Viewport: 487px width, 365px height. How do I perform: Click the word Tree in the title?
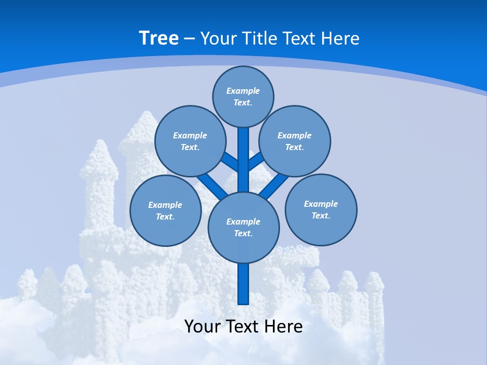(x=159, y=39)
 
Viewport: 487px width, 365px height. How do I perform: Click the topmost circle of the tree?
(x=243, y=97)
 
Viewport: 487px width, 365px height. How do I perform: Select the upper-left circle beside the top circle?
(x=190, y=141)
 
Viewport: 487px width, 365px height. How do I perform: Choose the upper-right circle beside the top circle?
(x=295, y=141)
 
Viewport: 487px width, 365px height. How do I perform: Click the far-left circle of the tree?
(x=165, y=210)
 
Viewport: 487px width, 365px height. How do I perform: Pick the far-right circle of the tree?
(x=321, y=209)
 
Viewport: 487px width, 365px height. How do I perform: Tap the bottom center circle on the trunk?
(x=243, y=228)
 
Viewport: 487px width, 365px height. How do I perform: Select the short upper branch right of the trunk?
(x=256, y=161)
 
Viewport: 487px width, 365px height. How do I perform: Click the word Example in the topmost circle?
(x=243, y=91)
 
